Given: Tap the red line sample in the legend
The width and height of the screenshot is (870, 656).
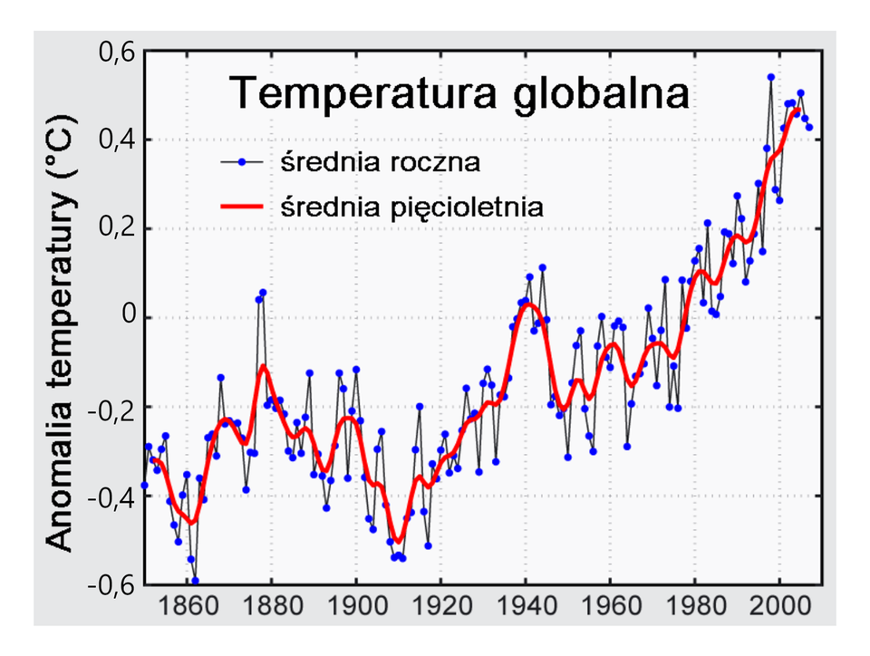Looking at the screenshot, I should tap(245, 207).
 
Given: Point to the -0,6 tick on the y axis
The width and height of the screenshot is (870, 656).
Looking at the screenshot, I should tap(111, 584).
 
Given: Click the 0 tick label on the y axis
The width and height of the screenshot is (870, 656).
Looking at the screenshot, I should tap(126, 318).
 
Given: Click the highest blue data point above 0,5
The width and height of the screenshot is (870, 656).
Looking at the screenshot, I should tap(771, 77).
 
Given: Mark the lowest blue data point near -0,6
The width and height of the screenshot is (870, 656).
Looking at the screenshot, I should tap(195, 581).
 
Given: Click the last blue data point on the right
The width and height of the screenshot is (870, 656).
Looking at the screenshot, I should tap(809, 127).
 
